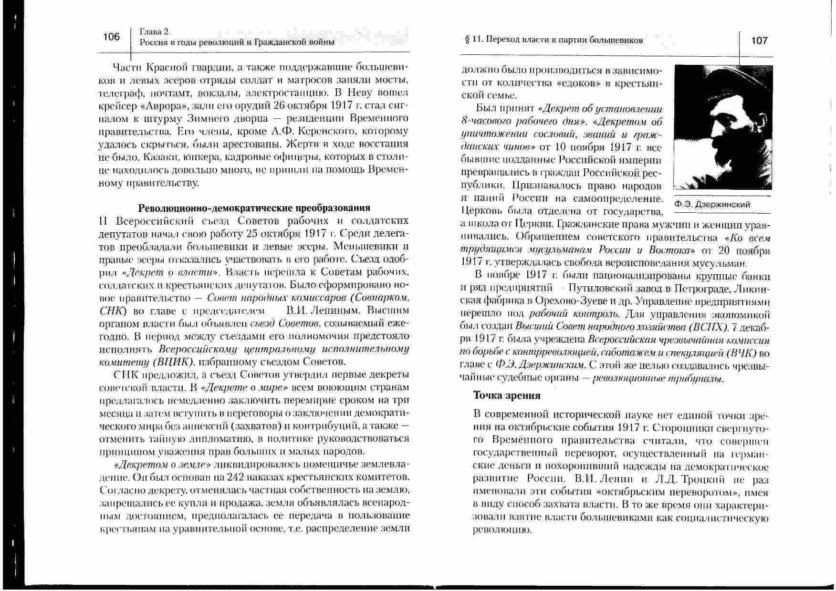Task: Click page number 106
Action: click(x=111, y=37)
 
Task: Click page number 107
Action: click(x=759, y=41)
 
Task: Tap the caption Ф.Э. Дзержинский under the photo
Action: click(x=712, y=205)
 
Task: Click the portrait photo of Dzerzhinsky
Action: click(x=722, y=127)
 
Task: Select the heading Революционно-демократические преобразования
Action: click(x=254, y=208)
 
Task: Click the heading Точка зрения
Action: click(x=506, y=395)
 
